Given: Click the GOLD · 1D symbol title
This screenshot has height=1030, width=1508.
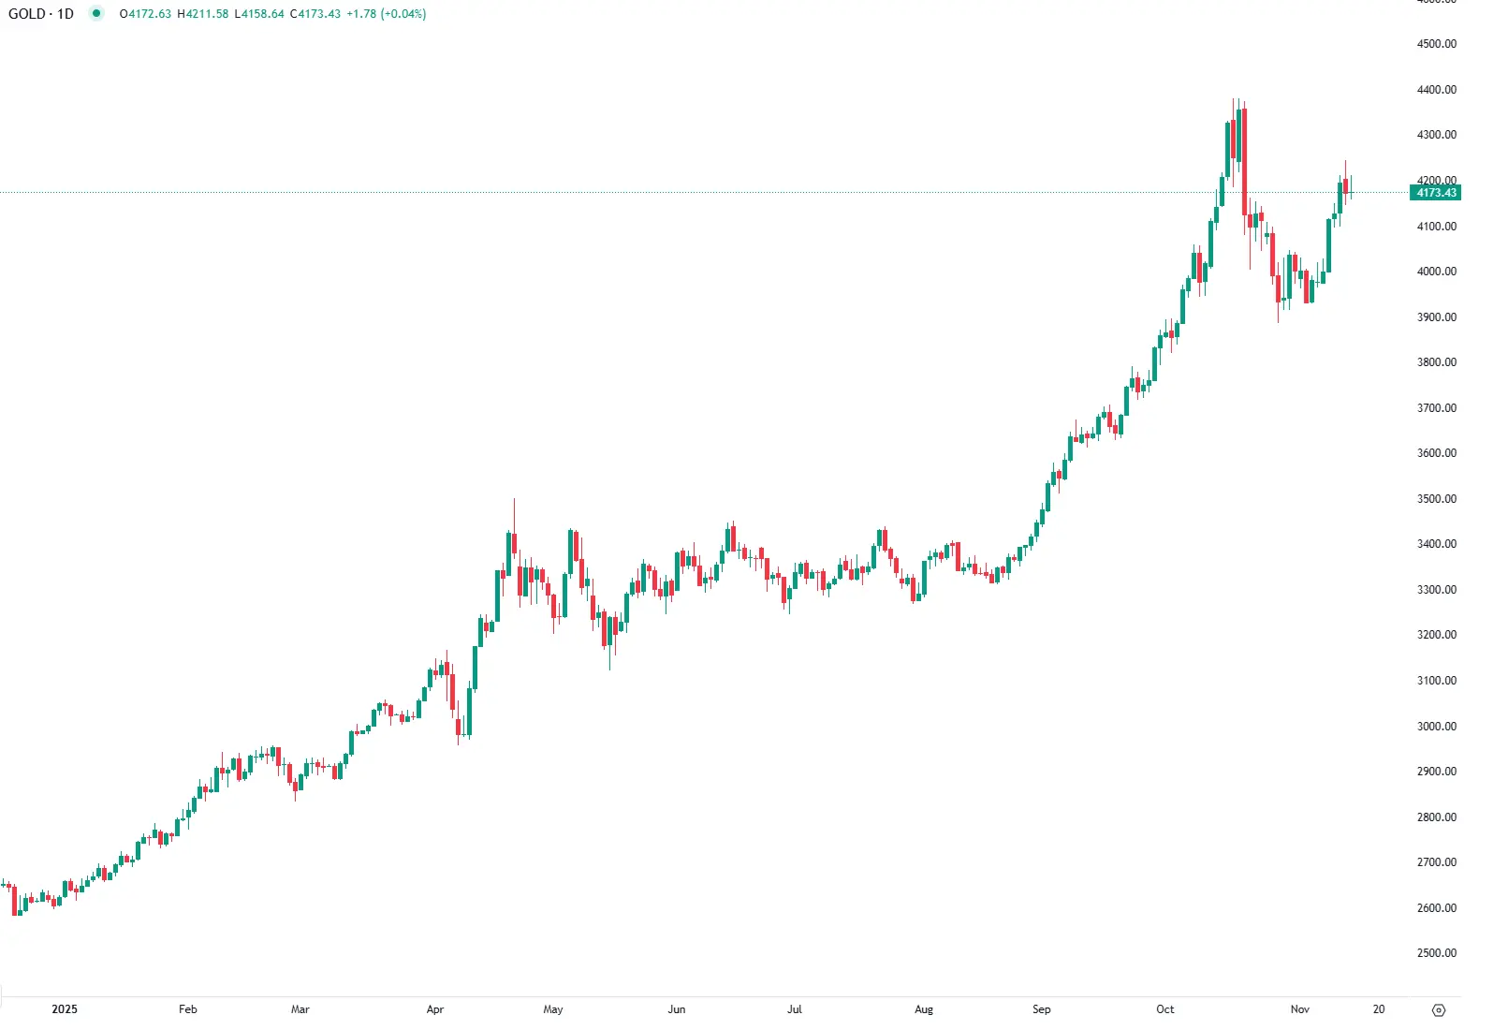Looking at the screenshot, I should click(41, 14).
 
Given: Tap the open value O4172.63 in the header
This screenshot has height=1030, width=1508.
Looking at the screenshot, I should click(146, 14).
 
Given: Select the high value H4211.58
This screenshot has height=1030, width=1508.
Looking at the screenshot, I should click(203, 14).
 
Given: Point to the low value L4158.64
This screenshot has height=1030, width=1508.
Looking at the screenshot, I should click(259, 14).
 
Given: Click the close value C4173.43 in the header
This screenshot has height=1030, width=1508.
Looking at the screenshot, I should click(315, 14).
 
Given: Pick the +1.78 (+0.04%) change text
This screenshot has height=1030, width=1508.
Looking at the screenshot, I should click(387, 14).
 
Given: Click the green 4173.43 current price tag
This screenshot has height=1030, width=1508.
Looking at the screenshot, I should click(1436, 193).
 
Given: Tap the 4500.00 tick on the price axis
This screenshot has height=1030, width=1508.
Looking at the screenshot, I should click(1437, 44).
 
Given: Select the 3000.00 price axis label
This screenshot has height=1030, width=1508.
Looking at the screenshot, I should click(1437, 727).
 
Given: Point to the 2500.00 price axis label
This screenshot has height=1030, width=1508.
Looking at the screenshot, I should click(1437, 953).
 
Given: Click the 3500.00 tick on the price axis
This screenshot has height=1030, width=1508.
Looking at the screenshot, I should click(1437, 499).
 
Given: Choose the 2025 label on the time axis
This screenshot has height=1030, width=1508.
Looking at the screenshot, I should click(65, 1009).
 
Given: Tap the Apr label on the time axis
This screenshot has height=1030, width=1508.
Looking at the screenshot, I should click(435, 1009).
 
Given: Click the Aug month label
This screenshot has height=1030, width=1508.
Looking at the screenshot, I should click(924, 1009).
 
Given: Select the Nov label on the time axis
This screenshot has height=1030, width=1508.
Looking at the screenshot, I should click(1300, 1009).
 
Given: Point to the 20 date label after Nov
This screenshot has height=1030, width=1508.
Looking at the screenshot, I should click(1379, 1009).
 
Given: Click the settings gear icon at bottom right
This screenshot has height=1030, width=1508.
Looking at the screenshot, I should click(1440, 1010).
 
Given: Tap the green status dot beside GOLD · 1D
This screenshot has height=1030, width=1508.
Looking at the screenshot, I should click(96, 13).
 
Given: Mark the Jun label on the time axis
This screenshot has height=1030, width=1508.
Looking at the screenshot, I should click(677, 1009).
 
